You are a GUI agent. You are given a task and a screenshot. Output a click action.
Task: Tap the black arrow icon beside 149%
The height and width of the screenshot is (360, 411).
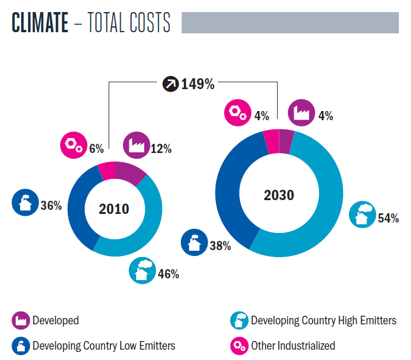(x=170, y=85)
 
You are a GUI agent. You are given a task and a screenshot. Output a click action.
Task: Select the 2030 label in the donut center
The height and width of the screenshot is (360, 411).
(x=279, y=195)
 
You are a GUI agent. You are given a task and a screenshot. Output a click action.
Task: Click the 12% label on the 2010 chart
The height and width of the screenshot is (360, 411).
(x=162, y=149)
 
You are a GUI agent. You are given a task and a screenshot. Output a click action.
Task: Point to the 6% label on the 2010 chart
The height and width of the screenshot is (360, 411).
(x=96, y=149)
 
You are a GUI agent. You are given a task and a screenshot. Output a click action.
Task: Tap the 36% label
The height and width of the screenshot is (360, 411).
(x=51, y=205)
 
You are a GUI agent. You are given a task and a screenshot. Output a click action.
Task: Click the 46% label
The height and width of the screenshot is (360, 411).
(x=168, y=274)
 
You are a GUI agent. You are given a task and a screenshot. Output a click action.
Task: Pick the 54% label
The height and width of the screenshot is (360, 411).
(x=388, y=219)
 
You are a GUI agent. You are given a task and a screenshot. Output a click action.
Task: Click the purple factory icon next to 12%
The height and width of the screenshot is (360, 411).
(x=136, y=145)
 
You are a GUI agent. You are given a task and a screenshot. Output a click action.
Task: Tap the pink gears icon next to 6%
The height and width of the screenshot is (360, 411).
(x=72, y=145)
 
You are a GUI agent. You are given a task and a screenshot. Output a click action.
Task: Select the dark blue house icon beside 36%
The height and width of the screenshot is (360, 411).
(x=24, y=202)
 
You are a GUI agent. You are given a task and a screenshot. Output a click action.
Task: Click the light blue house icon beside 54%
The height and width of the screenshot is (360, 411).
(x=362, y=214)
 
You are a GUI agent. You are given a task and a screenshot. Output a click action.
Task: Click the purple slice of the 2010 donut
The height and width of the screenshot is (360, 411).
(x=132, y=173)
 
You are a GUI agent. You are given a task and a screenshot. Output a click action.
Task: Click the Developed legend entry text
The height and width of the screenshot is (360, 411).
(x=56, y=320)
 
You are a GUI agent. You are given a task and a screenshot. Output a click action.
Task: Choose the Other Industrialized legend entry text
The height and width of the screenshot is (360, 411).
(x=293, y=346)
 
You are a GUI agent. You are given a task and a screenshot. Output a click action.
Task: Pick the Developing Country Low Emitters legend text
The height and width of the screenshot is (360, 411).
(x=103, y=346)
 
